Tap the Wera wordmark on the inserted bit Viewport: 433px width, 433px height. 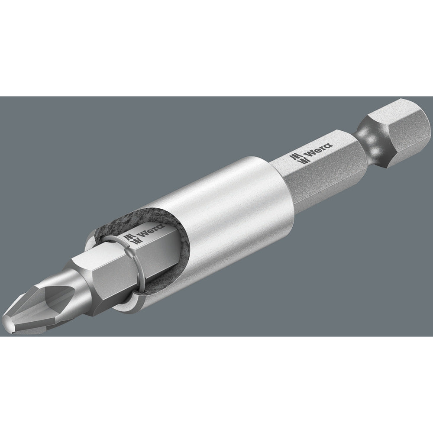145,233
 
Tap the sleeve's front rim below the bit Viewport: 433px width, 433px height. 126,303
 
